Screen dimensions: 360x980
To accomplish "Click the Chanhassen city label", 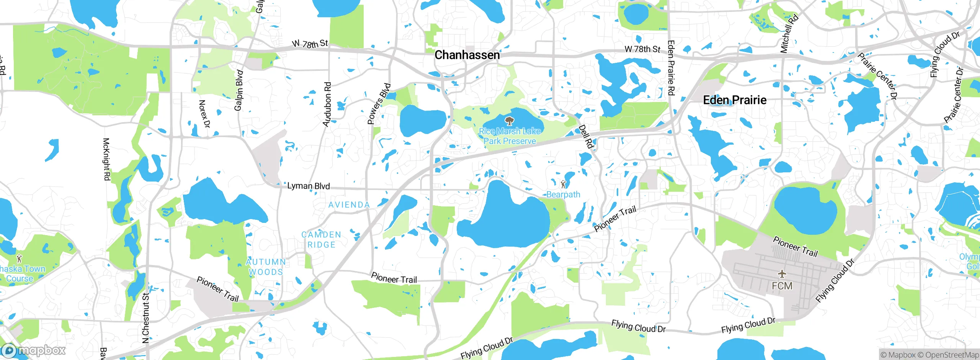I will click(x=467, y=55).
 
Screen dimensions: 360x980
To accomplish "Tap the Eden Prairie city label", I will click(x=735, y=100).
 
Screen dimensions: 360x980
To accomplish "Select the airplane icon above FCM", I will click(x=782, y=274).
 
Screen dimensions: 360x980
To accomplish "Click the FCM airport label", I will click(x=782, y=286).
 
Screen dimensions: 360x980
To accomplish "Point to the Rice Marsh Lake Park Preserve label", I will click(x=510, y=136).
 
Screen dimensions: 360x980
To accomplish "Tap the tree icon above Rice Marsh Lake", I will click(x=509, y=121).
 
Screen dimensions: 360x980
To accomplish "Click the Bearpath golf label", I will click(x=563, y=195).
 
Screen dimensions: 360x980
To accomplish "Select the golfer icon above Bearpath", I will click(x=563, y=184).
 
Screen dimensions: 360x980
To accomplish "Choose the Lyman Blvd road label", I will click(x=309, y=186).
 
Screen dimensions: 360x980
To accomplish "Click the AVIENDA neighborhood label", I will click(x=349, y=205).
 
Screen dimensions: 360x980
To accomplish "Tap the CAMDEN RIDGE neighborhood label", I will click(x=321, y=240).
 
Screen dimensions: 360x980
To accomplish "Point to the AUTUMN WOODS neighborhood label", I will click(x=266, y=267).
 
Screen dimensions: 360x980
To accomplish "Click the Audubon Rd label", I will click(x=327, y=104).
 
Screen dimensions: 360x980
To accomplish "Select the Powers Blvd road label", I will click(x=379, y=104).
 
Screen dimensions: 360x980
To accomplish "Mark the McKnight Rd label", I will click(x=106, y=159).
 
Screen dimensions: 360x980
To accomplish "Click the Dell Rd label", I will click(x=586, y=137).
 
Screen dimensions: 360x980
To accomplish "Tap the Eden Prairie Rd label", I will click(x=671, y=68).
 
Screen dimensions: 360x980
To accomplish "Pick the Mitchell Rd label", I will click(x=789, y=34).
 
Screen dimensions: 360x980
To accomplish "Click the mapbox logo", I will click(x=33, y=350).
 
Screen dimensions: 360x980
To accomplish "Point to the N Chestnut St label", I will click(x=145, y=318).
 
